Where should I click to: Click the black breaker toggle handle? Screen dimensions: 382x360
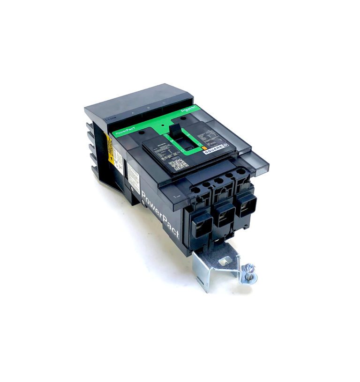point(177,136)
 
